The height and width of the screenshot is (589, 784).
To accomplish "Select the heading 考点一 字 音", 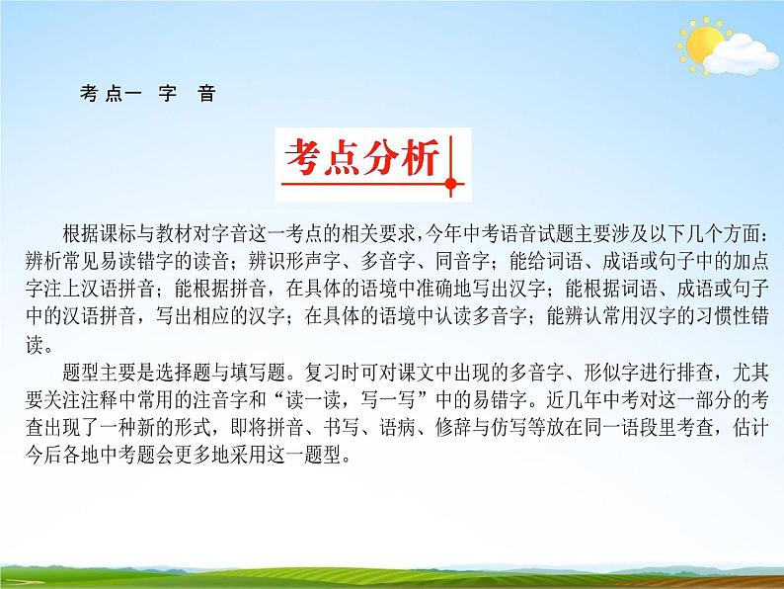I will [x=144, y=95].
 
